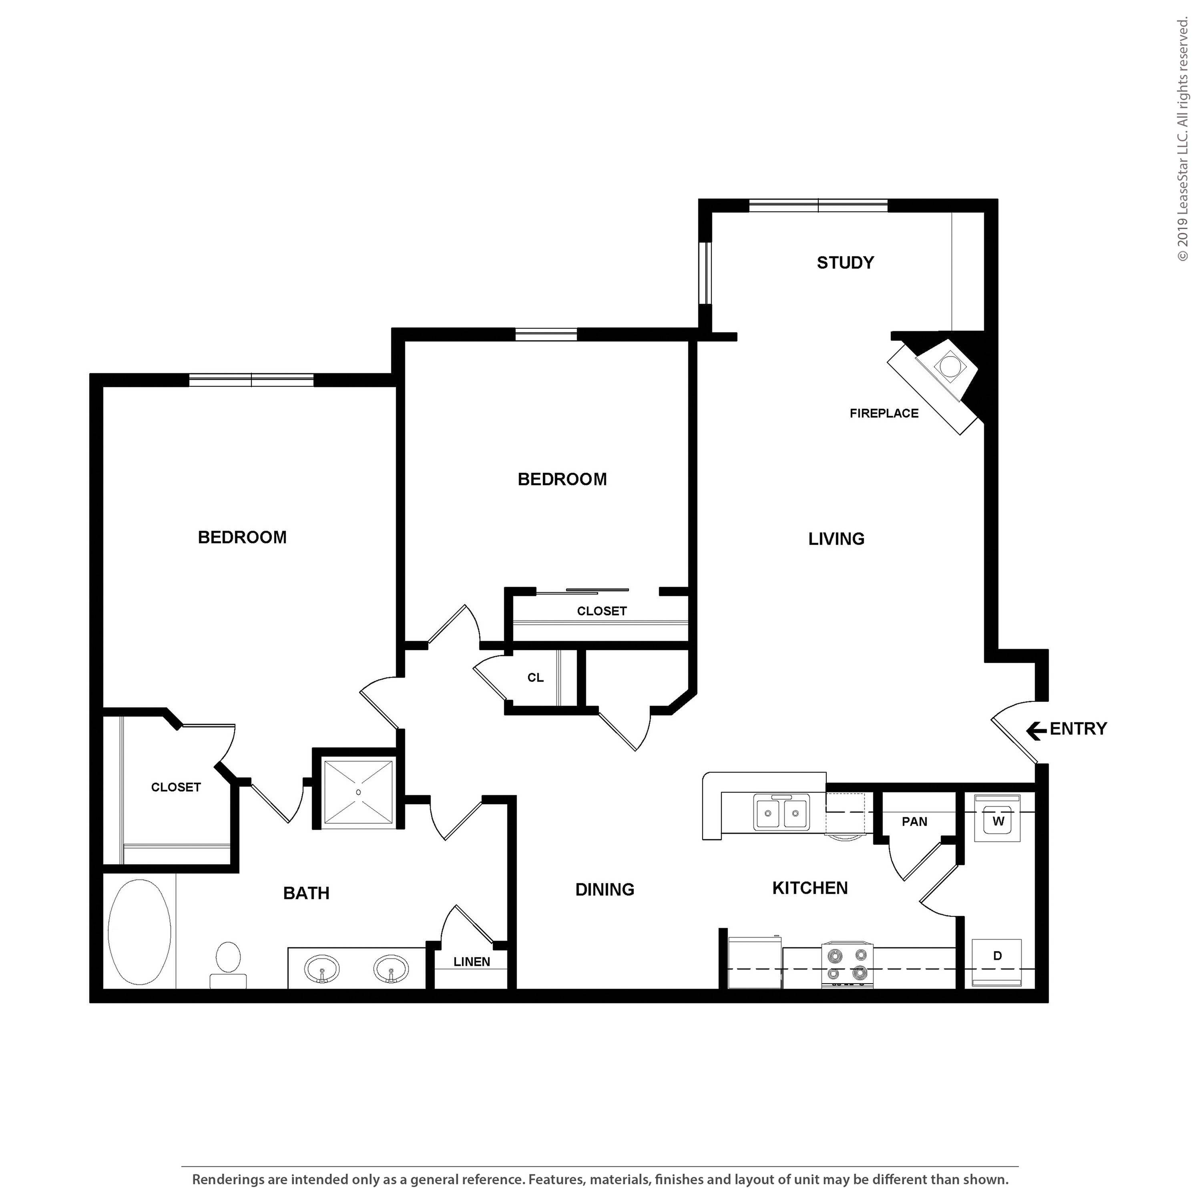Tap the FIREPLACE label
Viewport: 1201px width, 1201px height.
click(884, 414)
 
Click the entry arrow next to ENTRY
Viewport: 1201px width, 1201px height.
click(1036, 731)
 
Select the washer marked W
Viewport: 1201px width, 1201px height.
click(998, 821)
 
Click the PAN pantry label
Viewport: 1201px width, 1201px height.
click(914, 822)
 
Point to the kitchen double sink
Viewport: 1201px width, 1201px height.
click(781, 813)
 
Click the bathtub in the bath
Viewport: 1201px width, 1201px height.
click(139, 931)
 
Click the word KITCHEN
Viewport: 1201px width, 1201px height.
click(809, 888)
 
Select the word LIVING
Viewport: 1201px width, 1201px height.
click(836, 539)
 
